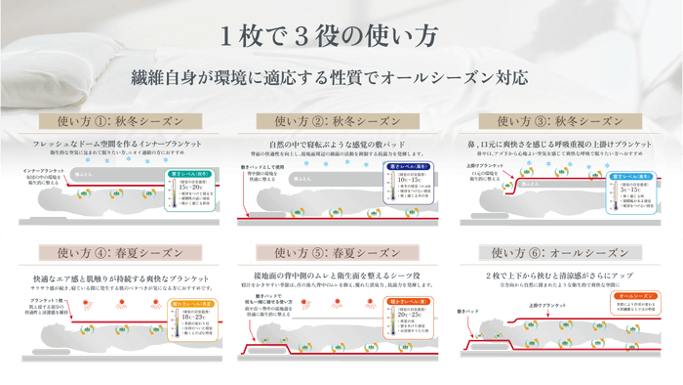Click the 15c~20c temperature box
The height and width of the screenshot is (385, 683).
pos(191,192)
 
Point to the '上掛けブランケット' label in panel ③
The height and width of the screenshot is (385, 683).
pos(494,165)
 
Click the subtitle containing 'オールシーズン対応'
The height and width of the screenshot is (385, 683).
pos(341,76)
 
